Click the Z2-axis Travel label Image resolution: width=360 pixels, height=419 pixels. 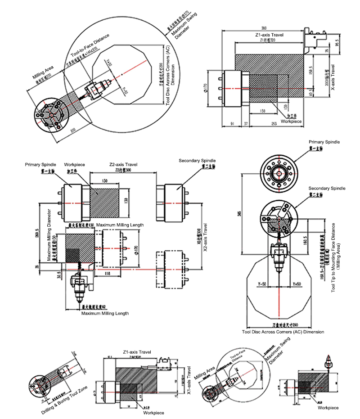pos(123,165)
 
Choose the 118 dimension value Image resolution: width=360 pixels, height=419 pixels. pos(107,273)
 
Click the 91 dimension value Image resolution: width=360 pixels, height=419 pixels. pos(231,123)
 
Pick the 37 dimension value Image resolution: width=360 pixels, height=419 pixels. pos(246,123)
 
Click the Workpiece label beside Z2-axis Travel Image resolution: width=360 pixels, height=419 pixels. pos(75,165)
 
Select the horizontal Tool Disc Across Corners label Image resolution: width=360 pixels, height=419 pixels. pos(283,332)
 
